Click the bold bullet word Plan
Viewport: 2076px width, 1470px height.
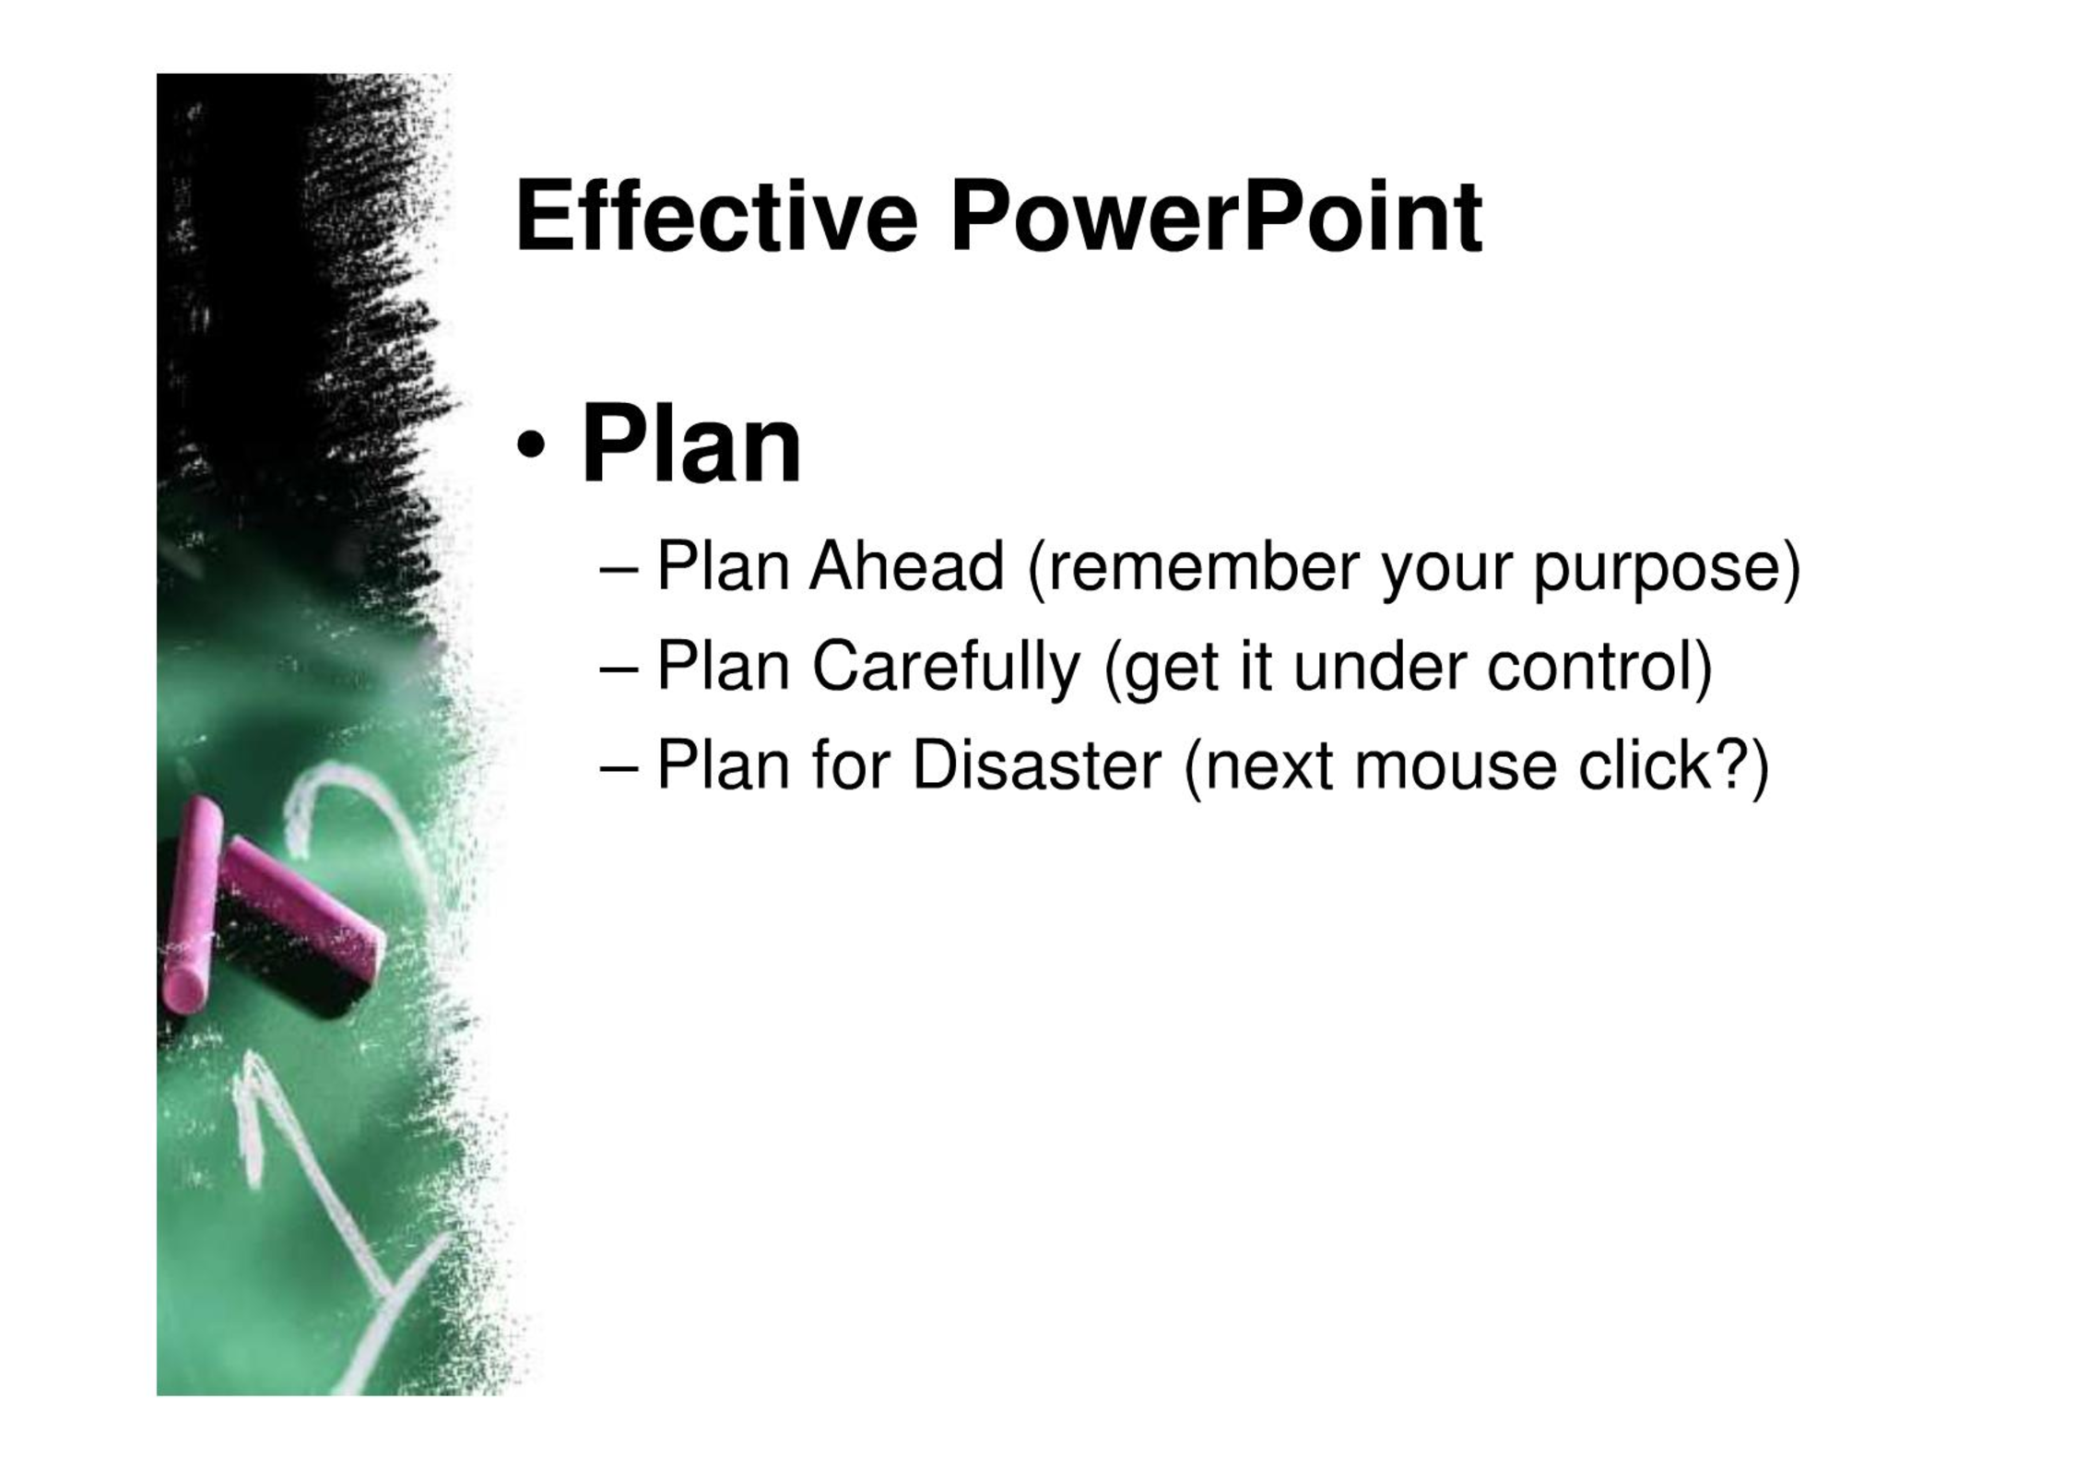[691, 445]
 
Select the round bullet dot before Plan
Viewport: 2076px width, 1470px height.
[531, 447]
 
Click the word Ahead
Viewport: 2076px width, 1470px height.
[906, 565]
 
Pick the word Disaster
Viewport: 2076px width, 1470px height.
[1036, 765]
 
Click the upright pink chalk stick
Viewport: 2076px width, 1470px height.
[192, 907]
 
